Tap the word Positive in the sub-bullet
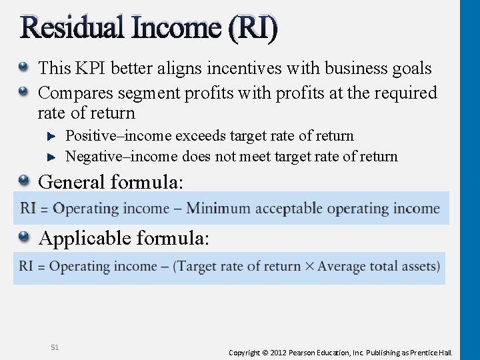[x=90, y=136]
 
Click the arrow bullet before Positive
[x=53, y=137]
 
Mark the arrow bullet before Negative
[x=53, y=157]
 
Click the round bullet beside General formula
[x=24, y=179]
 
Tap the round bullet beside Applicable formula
[x=24, y=235]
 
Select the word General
[x=72, y=182]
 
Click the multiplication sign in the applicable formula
[x=309, y=267]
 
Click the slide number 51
[x=55, y=347]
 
